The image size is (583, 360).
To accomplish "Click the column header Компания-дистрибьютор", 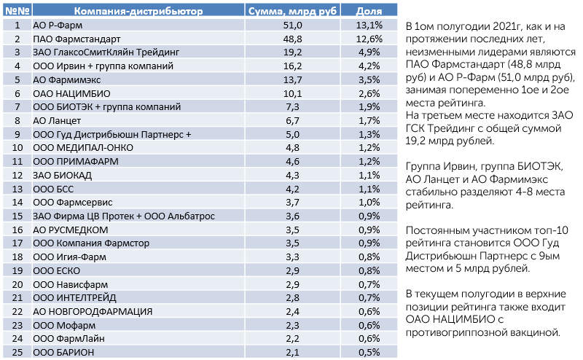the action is [138, 11].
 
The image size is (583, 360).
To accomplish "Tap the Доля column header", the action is [369, 11].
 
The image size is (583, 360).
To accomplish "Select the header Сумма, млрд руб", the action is [292, 11].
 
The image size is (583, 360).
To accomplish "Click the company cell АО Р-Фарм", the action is [58, 26].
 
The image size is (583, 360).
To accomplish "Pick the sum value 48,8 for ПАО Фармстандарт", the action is [293, 39].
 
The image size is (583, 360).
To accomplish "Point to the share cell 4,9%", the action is [369, 52].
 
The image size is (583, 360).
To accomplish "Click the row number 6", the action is [17, 94].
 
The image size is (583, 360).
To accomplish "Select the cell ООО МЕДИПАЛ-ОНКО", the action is [83, 148].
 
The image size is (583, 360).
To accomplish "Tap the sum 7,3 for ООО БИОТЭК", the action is [293, 107].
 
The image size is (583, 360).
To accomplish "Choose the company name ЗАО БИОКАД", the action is [62, 175].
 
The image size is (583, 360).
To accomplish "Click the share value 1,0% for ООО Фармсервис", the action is [369, 203].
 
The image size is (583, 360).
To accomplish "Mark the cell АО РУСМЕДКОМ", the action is [70, 230].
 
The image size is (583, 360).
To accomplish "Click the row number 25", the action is [17, 352].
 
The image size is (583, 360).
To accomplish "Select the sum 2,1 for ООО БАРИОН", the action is [293, 352].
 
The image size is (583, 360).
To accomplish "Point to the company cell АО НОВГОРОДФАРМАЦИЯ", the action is [93, 312].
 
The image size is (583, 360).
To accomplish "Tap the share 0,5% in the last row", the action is [369, 352].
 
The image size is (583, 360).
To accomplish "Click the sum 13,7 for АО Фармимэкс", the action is [293, 80].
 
